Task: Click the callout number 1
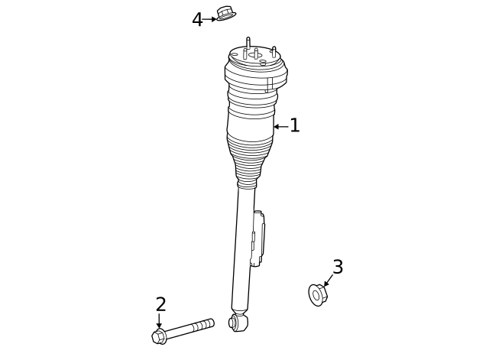(x=295, y=126)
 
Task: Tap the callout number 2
(x=160, y=305)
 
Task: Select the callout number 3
(x=337, y=268)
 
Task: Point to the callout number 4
(x=198, y=20)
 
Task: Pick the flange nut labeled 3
(x=318, y=294)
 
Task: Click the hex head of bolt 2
(x=159, y=336)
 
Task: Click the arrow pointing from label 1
(x=280, y=126)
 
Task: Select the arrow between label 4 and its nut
(x=210, y=19)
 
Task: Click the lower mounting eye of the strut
(x=238, y=323)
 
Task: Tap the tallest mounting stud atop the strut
(x=248, y=44)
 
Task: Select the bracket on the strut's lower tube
(x=259, y=238)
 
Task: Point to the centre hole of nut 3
(x=317, y=295)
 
